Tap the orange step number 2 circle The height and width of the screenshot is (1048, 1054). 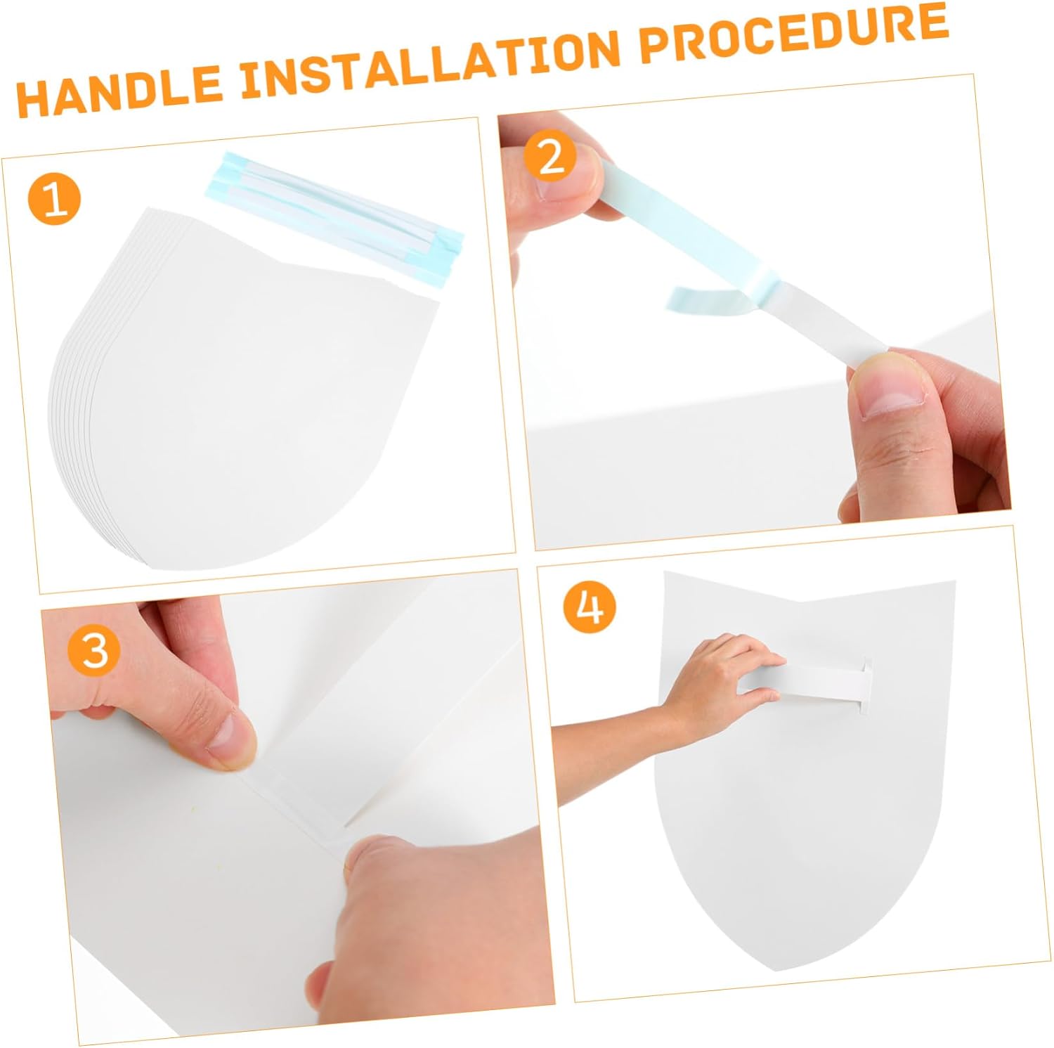551,157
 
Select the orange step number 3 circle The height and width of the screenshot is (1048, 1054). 95,650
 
